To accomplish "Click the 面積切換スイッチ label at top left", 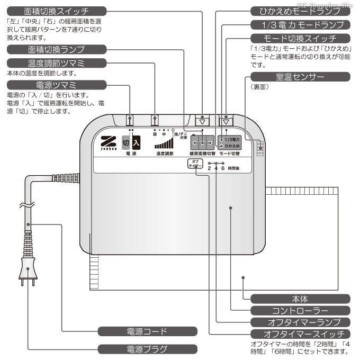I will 56,11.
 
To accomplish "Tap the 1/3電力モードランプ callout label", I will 299,25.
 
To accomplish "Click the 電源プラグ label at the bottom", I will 147,349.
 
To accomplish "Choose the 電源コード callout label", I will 147,332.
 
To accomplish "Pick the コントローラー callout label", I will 300,310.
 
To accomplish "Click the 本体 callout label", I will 300,298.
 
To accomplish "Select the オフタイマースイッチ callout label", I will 300,334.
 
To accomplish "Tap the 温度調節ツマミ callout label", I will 56,64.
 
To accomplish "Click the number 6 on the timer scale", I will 223,168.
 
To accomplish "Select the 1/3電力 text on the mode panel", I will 232,139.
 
